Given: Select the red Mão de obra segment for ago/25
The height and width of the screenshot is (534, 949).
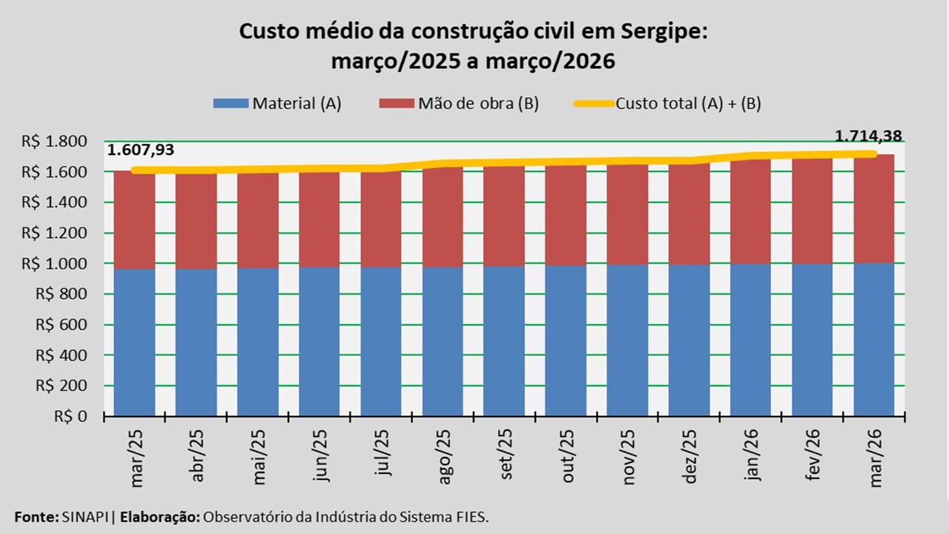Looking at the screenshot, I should [x=443, y=219].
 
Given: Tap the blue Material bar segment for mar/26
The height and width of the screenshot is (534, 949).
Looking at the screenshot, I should [x=873, y=339].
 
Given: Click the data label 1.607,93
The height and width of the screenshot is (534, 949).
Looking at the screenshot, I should [x=141, y=151].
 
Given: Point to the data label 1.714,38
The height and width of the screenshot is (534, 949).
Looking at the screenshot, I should [x=868, y=136].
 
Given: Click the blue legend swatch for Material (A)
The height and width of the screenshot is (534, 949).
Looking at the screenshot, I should [x=231, y=103].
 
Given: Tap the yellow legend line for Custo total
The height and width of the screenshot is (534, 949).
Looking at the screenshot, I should [x=594, y=104].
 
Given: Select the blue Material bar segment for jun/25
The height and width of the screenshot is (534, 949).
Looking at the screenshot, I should [x=320, y=341].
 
